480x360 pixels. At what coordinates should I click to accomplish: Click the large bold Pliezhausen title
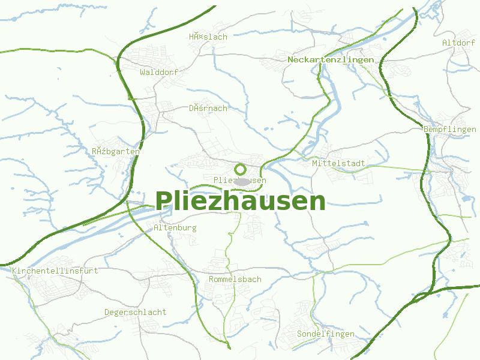pyautogui.click(x=241, y=202)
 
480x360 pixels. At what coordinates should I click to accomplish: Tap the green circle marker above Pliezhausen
pyautogui.click(x=240, y=169)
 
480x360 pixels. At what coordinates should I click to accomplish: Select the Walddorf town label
pyautogui.click(x=159, y=72)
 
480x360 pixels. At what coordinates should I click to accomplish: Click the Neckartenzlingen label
pyautogui.click(x=331, y=60)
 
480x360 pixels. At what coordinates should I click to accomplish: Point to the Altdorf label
pyautogui.click(x=458, y=43)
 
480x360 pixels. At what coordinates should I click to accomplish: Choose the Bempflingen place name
pyautogui.click(x=449, y=130)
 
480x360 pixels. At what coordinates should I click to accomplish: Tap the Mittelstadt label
pyautogui.click(x=338, y=163)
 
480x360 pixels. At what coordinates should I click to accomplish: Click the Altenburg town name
pyautogui.click(x=175, y=228)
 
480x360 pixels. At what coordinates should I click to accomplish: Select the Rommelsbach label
pyautogui.click(x=235, y=280)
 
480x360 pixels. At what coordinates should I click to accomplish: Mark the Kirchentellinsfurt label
pyautogui.click(x=55, y=271)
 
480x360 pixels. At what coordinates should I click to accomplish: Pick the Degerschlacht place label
pyautogui.click(x=136, y=313)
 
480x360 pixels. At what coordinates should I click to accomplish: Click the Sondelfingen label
pyautogui.click(x=326, y=334)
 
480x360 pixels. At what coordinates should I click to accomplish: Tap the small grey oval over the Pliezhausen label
pyautogui.click(x=242, y=181)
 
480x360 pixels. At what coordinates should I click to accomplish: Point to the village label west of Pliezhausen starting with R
pyautogui.click(x=116, y=151)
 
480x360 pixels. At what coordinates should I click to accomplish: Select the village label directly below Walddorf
pyautogui.click(x=208, y=109)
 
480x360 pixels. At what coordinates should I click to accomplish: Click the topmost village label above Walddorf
pyautogui.click(x=208, y=37)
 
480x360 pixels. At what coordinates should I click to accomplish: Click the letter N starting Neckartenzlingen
pyautogui.click(x=290, y=60)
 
